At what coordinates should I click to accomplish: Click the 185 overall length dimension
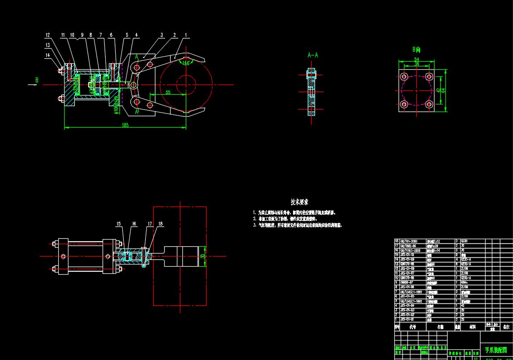(125, 125)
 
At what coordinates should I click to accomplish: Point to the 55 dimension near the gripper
(168, 92)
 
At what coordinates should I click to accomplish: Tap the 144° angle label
(185, 63)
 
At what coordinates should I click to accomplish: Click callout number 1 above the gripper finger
(186, 35)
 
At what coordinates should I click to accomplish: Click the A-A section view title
(312, 55)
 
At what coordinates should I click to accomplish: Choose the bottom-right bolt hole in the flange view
(429, 104)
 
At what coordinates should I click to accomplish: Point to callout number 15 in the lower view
(119, 224)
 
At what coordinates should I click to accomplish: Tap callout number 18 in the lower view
(160, 224)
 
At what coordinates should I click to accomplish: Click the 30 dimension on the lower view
(203, 256)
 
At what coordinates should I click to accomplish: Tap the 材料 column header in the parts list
(469, 327)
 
